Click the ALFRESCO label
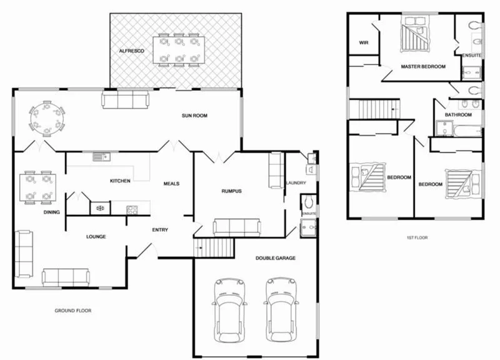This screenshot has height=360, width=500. [x=132, y=49]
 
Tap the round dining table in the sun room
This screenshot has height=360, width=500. [x=47, y=117]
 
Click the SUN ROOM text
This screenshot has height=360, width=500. [x=194, y=116]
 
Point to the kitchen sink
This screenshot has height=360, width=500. [x=101, y=156]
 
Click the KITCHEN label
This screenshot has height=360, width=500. [x=120, y=181]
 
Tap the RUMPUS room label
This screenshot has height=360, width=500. [x=231, y=191]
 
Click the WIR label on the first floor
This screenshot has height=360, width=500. [x=363, y=42]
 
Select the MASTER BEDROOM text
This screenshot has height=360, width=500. [x=423, y=66]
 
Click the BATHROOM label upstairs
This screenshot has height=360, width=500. [x=457, y=116]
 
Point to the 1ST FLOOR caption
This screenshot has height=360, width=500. [x=416, y=238]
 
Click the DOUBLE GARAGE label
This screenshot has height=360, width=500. [x=276, y=257]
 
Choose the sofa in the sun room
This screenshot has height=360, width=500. [x=126, y=99]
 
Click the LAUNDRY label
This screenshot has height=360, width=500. [x=295, y=183]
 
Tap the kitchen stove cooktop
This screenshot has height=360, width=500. [x=132, y=209]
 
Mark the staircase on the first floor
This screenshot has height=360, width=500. [x=374, y=109]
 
